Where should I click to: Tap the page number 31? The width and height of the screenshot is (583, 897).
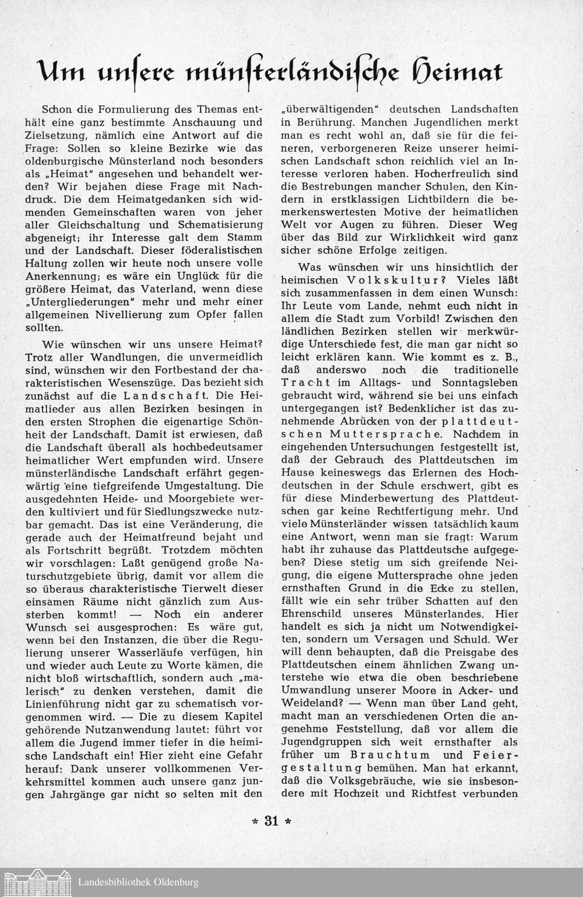(271, 822)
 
